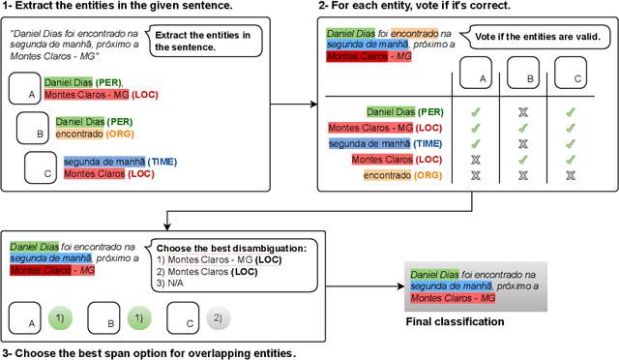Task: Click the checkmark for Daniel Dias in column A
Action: tap(475, 112)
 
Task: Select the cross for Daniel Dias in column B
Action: tap(523, 112)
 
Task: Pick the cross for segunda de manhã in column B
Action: tap(523, 143)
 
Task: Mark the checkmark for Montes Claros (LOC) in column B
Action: tap(523, 159)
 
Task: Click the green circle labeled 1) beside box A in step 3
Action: tap(59, 317)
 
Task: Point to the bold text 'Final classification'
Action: tap(456, 321)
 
